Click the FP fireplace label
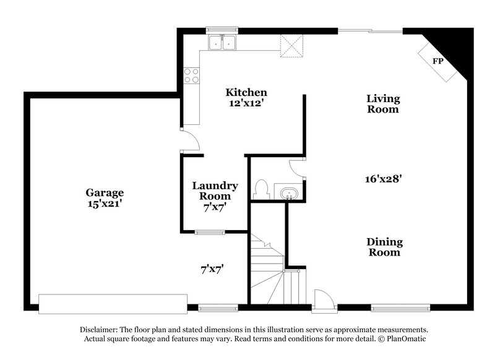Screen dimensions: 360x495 tap(439, 62)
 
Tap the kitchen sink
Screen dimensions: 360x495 tap(222, 42)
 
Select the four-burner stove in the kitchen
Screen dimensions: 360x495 tap(191, 75)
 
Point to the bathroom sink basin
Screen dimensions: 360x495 tap(286, 194)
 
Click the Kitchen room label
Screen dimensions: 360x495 tap(246, 93)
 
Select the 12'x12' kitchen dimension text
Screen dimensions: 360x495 tap(246, 104)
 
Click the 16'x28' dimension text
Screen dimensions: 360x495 tap(384, 179)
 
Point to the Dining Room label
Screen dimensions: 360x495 tap(384, 247)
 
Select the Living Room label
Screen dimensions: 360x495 tap(383, 104)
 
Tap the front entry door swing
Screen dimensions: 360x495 tap(324, 299)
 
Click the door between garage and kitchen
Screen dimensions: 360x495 tap(189, 140)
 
